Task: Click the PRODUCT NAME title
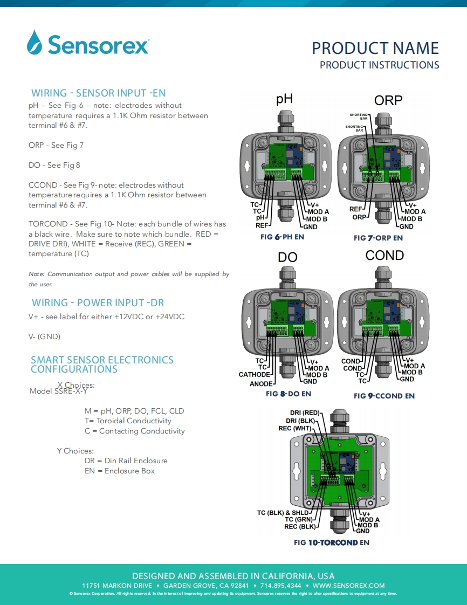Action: (375, 48)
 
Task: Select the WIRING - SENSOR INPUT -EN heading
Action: (98, 93)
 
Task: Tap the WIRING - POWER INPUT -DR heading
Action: (98, 302)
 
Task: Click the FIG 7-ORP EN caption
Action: (378, 238)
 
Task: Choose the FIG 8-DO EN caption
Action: (289, 394)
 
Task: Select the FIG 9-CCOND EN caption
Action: (384, 396)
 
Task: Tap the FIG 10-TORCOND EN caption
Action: (332, 542)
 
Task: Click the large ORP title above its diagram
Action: (388, 100)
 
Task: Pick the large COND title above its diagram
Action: (384, 255)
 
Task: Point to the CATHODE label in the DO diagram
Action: (254, 375)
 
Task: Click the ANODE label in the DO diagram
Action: (260, 384)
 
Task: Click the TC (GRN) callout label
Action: (299, 519)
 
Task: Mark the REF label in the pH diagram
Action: (262, 225)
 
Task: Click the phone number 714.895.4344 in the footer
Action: (281, 586)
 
